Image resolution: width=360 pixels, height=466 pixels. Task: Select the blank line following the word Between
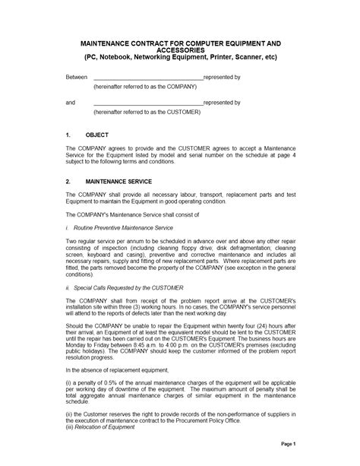147,78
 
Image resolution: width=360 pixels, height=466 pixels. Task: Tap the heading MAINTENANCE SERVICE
118,182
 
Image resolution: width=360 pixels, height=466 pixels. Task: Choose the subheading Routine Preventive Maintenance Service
124,227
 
